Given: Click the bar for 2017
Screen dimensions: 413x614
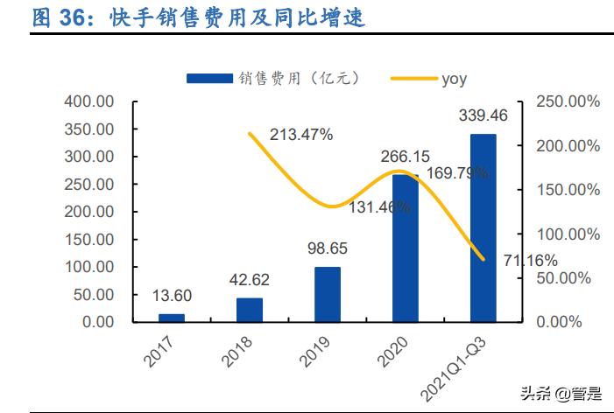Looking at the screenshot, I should [172, 318].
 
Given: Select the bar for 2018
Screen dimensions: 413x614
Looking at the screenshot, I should [250, 310].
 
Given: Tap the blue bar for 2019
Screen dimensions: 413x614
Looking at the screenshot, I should [328, 294].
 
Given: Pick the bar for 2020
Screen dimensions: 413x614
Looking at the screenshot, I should [405, 248].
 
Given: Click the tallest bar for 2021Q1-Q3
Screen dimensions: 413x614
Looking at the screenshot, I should [483, 227].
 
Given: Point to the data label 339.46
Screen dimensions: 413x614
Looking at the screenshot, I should [483, 115].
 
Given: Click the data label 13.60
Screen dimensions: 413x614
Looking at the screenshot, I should [172, 295].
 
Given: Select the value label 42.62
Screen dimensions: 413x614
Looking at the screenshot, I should [250, 279].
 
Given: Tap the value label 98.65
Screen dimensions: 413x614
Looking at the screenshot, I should [328, 248].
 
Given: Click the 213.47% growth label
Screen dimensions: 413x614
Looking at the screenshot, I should [301, 135].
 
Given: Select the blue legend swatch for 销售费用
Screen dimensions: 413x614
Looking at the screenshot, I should [209, 79].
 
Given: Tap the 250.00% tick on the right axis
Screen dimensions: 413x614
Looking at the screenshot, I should [568, 101].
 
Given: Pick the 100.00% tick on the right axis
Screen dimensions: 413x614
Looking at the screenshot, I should [568, 234].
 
